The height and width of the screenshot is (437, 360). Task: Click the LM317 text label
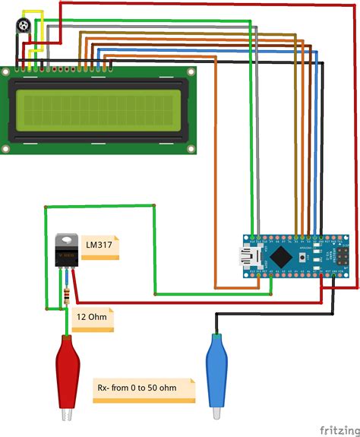99,245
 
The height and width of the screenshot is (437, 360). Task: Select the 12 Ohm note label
92,318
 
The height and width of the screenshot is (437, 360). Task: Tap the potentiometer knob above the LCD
25,27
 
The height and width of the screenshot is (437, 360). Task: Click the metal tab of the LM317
68,240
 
